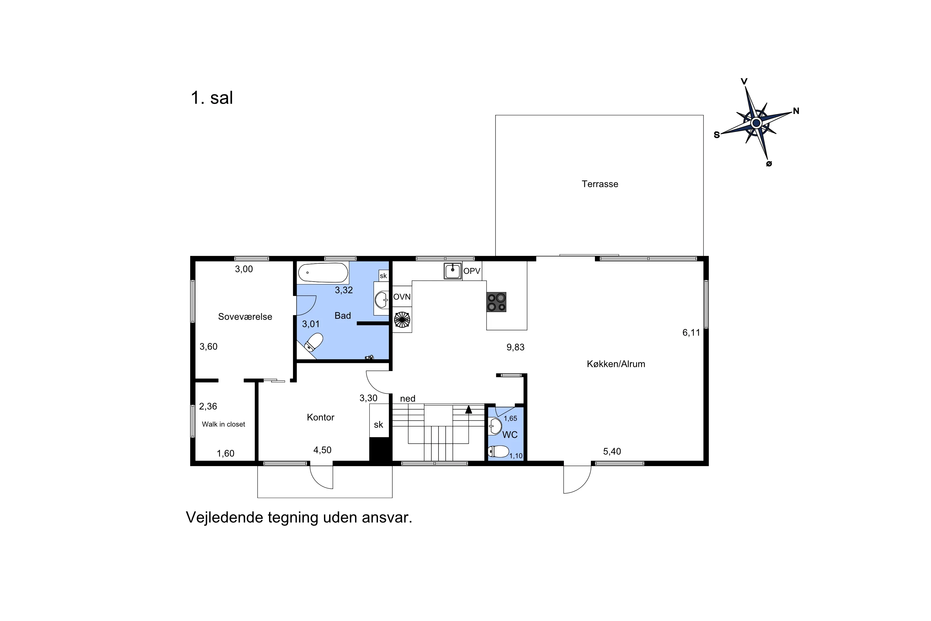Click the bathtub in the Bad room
coord(323,273)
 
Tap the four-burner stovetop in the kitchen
coord(496,302)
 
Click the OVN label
coord(402,297)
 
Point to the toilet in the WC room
coord(498,451)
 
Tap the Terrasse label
coord(600,184)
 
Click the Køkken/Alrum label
coord(616,364)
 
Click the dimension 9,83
coord(515,347)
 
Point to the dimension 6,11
coord(691,333)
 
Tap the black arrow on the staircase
coord(469,410)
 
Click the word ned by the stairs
coord(408,398)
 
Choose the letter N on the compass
coord(796,111)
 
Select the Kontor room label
coord(321,417)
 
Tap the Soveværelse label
coord(245,316)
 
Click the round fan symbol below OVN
coord(402,320)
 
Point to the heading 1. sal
coord(212,97)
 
